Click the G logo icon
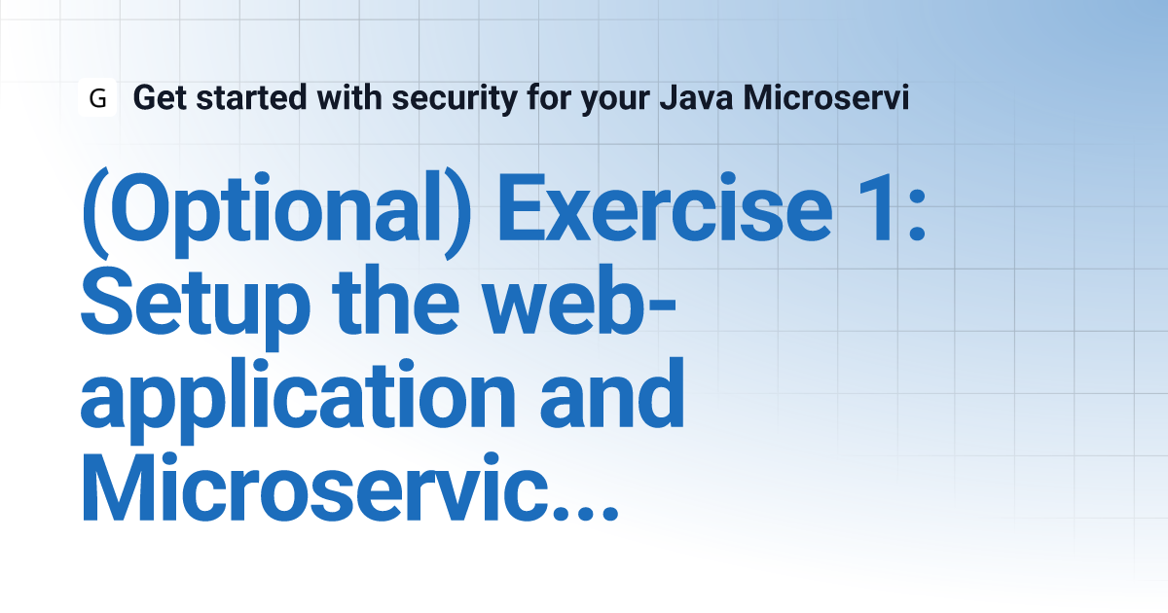pyautogui.click(x=97, y=97)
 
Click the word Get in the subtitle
pyautogui.click(x=160, y=97)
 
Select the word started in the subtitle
pyautogui.click(x=251, y=97)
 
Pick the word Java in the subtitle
pyautogui.click(x=696, y=97)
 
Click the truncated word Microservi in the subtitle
pyautogui.click(x=826, y=97)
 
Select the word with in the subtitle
pyautogui.click(x=349, y=97)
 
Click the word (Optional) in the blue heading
pyautogui.click(x=276, y=213)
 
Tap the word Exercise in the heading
pyautogui.click(x=666, y=207)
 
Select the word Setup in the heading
pyautogui.click(x=196, y=307)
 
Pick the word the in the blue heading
pyautogui.click(x=395, y=301)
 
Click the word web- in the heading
pyautogui.click(x=579, y=301)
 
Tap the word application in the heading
pyautogui.click(x=298, y=400)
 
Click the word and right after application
pyautogui.click(x=611, y=393)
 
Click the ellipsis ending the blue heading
pyautogui.click(x=586, y=514)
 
